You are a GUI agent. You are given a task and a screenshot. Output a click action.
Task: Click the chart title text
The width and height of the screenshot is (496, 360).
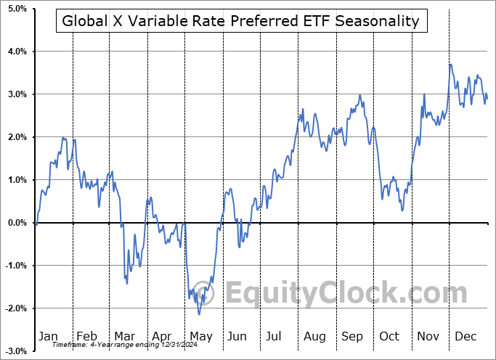coord(240,21)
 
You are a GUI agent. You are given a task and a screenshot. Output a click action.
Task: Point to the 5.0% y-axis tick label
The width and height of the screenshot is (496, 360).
coord(15,9)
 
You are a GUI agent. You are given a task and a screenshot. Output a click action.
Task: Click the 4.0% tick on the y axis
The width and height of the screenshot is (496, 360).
coord(15,52)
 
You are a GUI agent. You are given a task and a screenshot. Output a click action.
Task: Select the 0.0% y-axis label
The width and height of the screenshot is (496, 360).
coord(15,223)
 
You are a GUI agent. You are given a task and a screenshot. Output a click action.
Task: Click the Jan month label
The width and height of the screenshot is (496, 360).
coord(47,336)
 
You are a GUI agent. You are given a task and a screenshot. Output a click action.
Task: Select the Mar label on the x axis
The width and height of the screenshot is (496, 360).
coord(123,336)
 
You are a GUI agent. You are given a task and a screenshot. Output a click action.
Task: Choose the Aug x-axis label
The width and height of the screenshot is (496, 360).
coord(314,336)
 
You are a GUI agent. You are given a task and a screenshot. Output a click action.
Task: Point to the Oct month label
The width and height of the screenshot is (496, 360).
coord(390,336)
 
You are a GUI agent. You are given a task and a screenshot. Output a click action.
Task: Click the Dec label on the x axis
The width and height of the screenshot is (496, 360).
coord(465,336)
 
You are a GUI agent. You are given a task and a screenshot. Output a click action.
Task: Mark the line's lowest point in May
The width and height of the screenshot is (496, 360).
coord(199,314)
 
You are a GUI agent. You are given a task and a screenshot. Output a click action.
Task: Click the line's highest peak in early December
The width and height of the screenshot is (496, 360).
coord(450,65)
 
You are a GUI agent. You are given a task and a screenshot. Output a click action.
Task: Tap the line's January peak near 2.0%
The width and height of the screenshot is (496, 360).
coord(64,138)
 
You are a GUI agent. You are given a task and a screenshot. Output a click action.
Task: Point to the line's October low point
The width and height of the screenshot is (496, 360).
coord(402,210)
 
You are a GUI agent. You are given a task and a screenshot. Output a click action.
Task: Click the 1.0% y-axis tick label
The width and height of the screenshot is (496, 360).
coord(15,180)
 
